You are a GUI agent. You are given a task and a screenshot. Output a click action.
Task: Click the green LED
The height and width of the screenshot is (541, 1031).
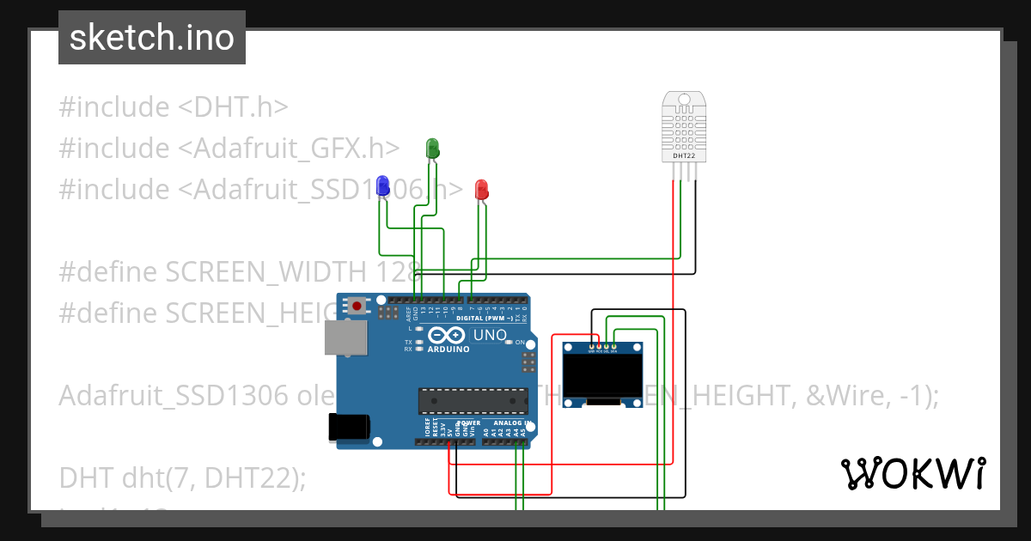[433, 147]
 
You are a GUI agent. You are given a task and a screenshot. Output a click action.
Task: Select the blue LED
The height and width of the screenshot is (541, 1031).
[382, 183]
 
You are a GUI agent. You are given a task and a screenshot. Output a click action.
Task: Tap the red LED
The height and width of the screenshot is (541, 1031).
[482, 189]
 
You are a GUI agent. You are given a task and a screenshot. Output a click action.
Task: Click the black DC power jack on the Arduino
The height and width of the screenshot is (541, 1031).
[348, 427]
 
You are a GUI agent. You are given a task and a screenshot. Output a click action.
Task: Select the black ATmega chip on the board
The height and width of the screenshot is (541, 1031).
[473, 400]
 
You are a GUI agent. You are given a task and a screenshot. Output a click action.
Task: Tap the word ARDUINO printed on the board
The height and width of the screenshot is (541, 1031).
[448, 350]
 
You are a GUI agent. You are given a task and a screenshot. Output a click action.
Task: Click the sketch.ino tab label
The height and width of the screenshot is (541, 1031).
[152, 38]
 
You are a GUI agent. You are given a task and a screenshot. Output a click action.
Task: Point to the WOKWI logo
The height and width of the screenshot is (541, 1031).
[912, 473]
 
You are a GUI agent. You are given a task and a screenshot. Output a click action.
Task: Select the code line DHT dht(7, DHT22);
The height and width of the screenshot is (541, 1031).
[182, 477]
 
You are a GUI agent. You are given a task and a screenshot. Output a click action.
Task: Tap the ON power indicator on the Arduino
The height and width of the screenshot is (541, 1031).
[520, 342]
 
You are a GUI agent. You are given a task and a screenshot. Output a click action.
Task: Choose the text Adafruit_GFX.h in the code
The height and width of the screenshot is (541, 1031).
[289, 149]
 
